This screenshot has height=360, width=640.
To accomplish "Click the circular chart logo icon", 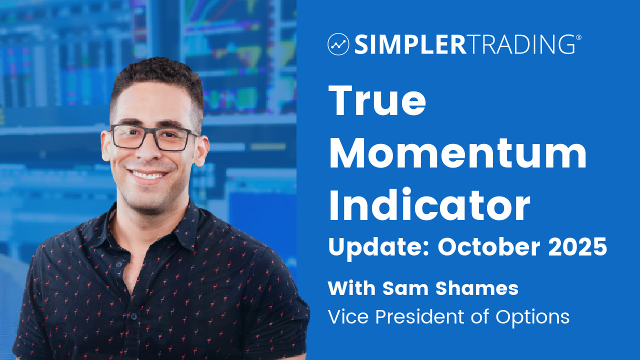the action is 338,44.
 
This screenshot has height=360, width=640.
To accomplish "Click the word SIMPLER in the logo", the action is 410,44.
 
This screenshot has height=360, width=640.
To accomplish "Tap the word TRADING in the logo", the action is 521,44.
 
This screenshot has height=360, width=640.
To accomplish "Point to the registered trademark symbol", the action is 578,37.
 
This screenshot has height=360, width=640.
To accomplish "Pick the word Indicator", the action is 429,205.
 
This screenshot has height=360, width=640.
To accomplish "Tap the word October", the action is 489,246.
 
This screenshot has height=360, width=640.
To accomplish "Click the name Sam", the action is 404,289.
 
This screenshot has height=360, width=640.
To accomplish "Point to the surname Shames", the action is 477,288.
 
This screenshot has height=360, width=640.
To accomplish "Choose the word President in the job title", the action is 419,317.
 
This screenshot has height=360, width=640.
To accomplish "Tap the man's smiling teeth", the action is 148,175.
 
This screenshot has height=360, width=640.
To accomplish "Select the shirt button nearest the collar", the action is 119,265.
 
